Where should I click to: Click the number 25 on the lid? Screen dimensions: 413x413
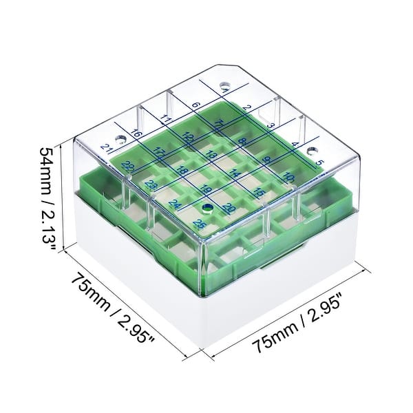tap(200, 224)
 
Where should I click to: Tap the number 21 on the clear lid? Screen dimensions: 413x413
tap(106, 147)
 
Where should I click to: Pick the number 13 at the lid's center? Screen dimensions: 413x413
tap(211, 156)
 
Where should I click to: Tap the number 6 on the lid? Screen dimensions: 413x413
tap(195, 105)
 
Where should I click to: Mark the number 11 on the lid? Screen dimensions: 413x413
tap(166, 119)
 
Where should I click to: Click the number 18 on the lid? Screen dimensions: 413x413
tap(182, 170)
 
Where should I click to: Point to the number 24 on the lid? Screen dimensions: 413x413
tap(175, 205)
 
